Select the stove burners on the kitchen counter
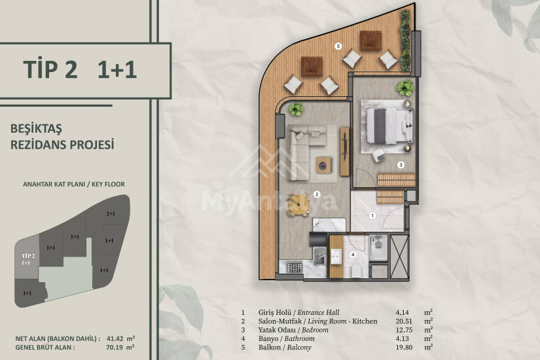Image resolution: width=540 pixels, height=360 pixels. tap(295, 267)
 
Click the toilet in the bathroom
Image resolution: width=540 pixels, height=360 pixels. tap(357, 272)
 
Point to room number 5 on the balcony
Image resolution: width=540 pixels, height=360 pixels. tap(338, 46)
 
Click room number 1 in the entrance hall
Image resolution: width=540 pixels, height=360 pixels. tap(372, 215)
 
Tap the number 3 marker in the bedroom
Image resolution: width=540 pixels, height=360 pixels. tap(401, 165)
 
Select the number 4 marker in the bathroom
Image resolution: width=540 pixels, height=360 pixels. tap(353, 255)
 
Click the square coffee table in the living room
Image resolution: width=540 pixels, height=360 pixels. tap(324, 165)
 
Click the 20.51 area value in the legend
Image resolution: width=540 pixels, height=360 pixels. tap(403, 321)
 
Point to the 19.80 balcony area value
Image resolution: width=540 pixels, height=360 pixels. tap(404, 348)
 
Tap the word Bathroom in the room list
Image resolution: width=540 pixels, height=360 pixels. tap(299, 338)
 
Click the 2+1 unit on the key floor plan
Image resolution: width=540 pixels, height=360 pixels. tap(111, 214)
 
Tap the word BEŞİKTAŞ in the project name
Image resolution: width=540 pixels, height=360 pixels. tap(36, 129)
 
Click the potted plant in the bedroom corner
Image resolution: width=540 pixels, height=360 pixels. tap(405, 88)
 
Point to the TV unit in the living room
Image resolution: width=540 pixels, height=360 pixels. tap(344, 151)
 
